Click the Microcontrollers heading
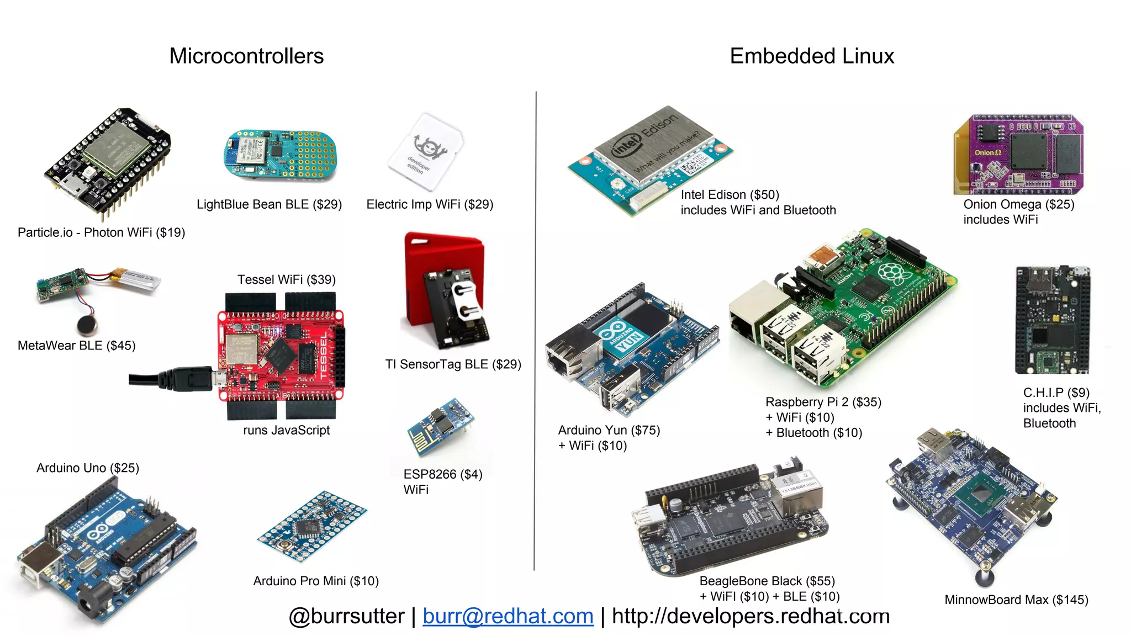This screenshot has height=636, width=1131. pos(246,56)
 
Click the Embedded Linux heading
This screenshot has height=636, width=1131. pos(812,56)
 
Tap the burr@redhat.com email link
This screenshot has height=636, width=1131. pos(508,616)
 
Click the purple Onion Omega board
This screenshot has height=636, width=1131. pos(1019,155)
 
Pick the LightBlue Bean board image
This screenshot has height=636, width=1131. pos(280,155)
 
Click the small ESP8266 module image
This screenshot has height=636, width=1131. pos(440,426)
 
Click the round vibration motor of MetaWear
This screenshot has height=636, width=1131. pos(87,325)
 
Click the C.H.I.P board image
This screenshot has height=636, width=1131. pos(1053,320)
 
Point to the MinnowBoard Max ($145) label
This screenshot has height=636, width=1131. pos(1016,600)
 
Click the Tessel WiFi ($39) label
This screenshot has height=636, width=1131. pos(287,280)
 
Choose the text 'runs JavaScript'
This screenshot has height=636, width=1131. pos(286,430)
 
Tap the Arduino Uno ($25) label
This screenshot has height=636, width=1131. pos(88,468)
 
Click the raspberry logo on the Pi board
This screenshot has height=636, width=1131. pos(890,272)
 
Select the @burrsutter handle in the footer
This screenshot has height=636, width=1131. pos(346,616)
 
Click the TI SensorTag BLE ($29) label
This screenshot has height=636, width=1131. pos(453,364)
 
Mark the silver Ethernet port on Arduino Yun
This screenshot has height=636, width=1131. pos(569,353)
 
